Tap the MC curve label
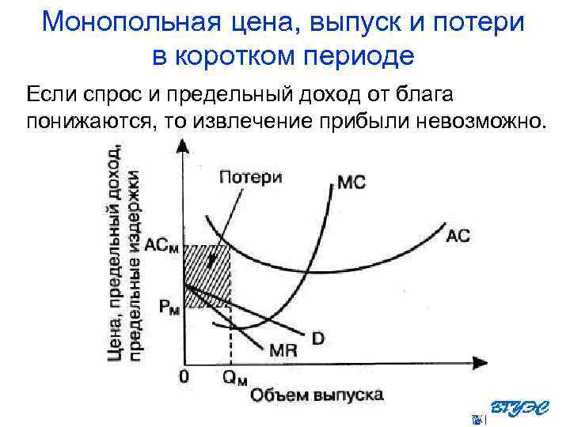pyautogui.click(x=351, y=183)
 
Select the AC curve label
pyautogui.click(x=458, y=235)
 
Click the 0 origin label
pyautogui.click(x=184, y=377)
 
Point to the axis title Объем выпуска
pyautogui.click(x=317, y=394)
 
